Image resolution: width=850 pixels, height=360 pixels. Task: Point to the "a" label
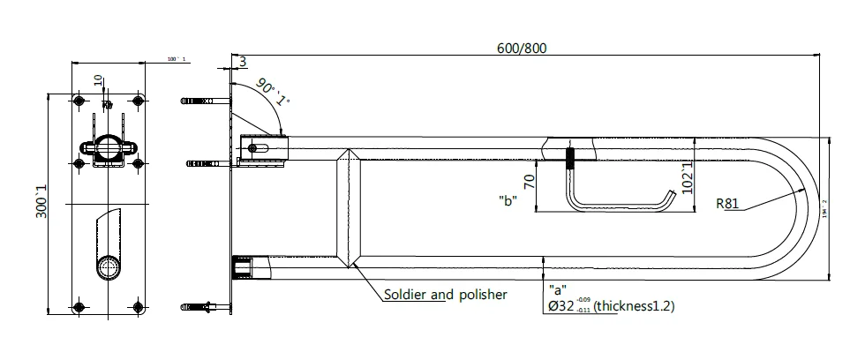click(x=557, y=288)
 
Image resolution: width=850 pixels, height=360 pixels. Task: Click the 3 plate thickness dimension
click(x=242, y=61)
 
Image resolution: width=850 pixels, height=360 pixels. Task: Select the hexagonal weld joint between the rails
click(x=349, y=207)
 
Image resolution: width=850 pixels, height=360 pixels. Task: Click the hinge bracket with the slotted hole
click(x=262, y=147)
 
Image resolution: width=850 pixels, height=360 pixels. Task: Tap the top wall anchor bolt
click(x=201, y=101)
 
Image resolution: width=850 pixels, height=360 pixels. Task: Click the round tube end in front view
click(x=109, y=267)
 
